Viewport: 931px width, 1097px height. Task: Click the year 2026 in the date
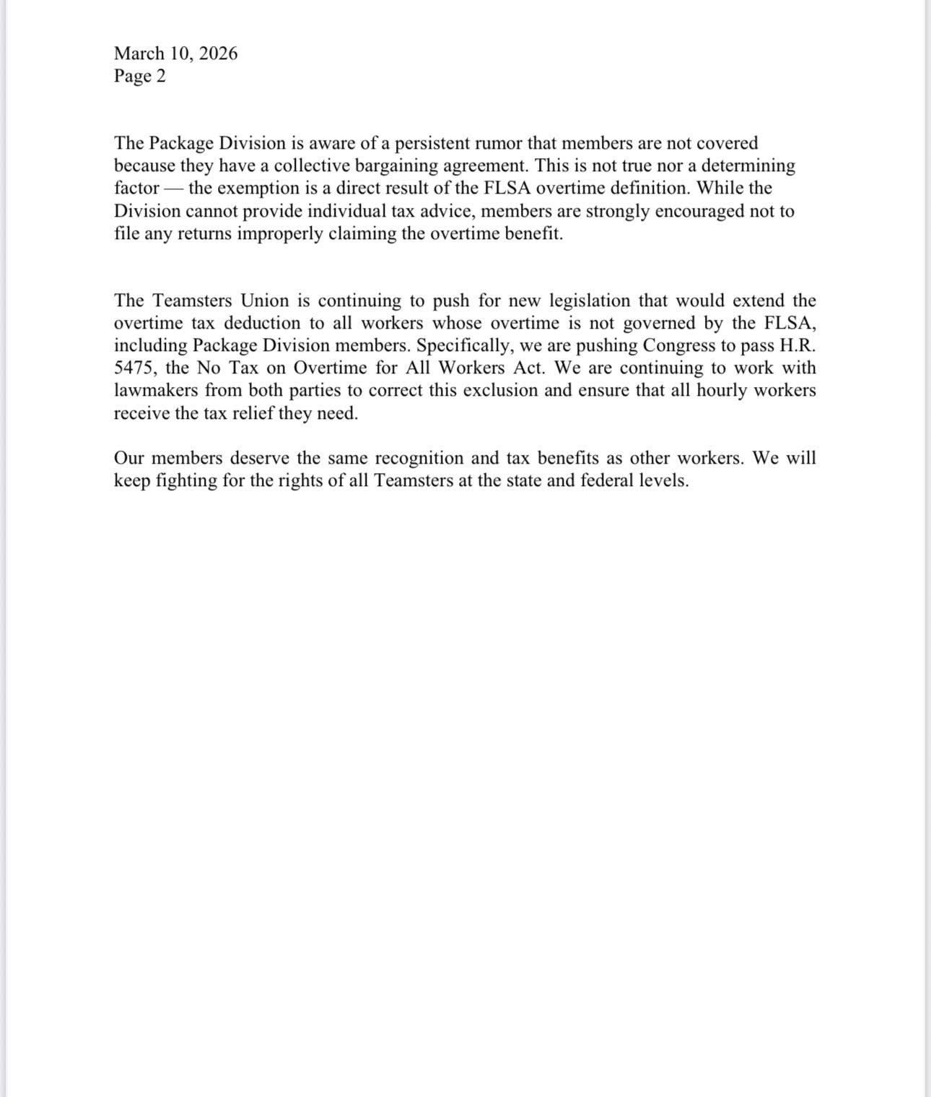[218, 53]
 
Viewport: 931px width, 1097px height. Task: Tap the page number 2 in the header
[161, 76]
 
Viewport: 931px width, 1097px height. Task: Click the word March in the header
[139, 53]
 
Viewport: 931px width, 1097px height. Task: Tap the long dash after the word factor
[173, 188]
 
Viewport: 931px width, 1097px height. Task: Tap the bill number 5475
[135, 368]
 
